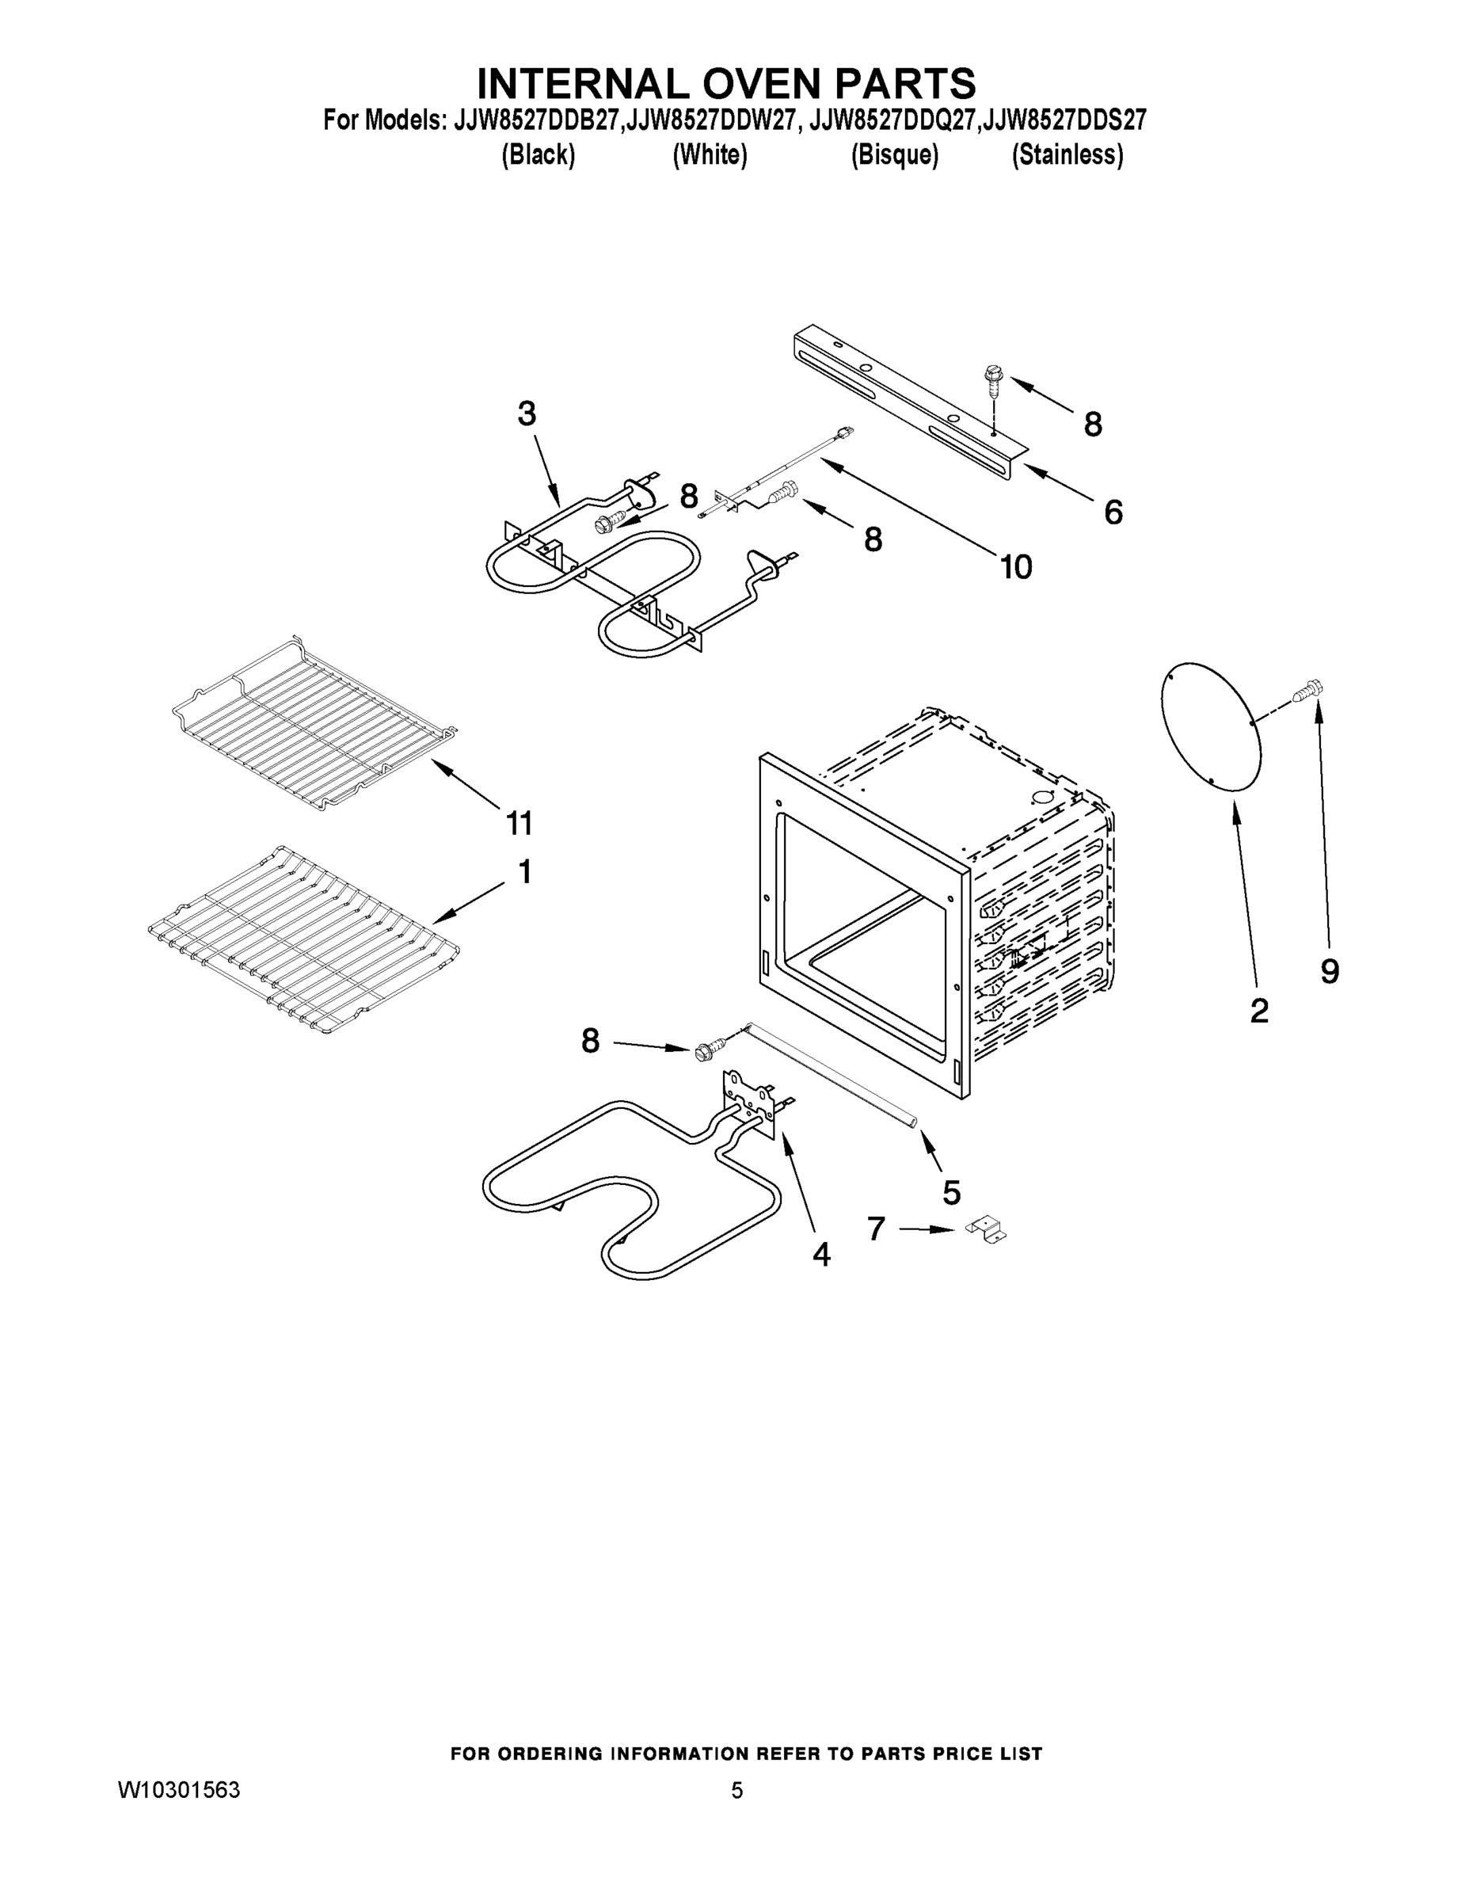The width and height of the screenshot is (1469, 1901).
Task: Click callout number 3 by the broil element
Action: [527, 414]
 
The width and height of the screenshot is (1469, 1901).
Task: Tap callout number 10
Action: [1015, 567]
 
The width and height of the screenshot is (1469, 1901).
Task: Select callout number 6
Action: [1113, 512]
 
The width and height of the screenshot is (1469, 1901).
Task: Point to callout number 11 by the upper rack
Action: [519, 821]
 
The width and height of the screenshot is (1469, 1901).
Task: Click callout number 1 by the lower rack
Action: [525, 871]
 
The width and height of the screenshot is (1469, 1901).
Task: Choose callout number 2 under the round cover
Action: [1258, 1011]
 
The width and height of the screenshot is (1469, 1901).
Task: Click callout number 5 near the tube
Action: [951, 1191]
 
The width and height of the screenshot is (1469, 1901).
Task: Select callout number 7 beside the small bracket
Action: [877, 1229]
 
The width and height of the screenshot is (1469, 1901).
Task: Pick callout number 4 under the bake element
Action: [820, 1255]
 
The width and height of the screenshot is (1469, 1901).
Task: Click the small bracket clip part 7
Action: [987, 1231]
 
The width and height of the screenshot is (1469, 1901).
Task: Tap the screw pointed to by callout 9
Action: [1308, 690]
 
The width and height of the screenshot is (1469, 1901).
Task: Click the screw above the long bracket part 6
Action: [991, 379]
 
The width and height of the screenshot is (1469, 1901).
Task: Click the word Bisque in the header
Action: [895, 155]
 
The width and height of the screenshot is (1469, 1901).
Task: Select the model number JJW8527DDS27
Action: [1064, 120]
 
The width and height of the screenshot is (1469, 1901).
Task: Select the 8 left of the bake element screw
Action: [591, 1040]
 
